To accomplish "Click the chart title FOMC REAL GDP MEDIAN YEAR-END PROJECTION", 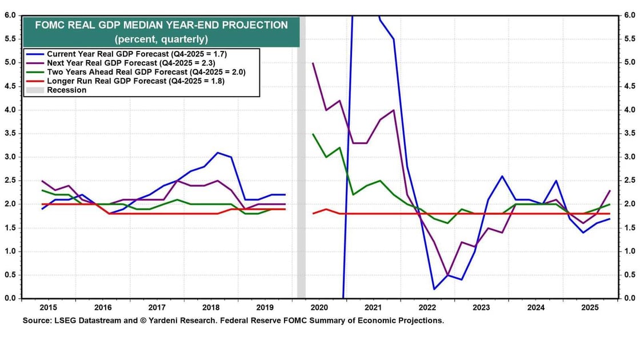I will (161, 25).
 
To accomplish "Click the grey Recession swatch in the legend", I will (35, 90).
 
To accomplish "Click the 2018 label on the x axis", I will (211, 307).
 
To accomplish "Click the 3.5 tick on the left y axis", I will (10, 133).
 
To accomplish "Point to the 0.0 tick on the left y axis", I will (10, 298).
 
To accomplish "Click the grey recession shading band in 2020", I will (301, 171).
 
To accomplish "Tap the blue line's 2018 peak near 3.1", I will (218, 152).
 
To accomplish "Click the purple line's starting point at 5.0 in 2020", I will (313, 62).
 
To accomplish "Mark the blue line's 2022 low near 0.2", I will (435, 289).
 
